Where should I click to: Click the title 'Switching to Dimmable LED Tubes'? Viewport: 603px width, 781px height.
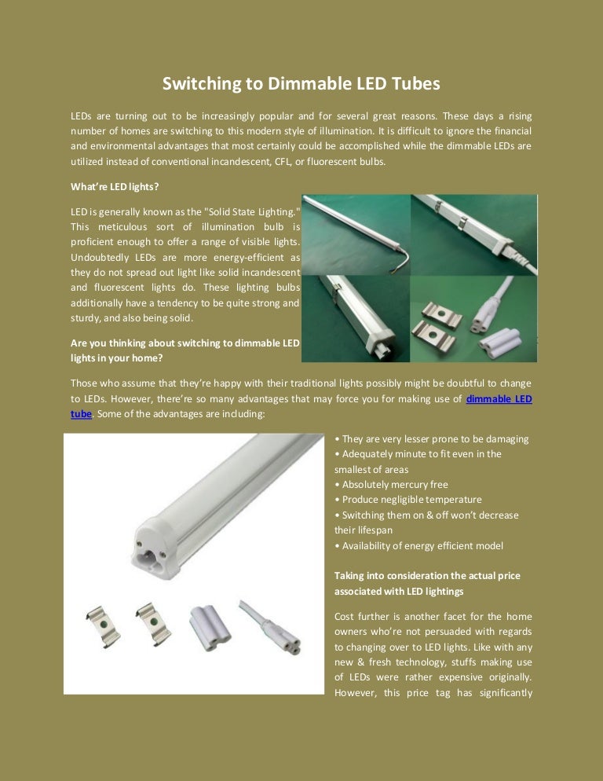301,83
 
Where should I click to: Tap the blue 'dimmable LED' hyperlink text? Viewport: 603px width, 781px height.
499,399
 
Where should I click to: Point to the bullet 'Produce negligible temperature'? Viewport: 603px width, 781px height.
407,500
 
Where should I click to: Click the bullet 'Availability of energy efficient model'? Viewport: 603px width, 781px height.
418,545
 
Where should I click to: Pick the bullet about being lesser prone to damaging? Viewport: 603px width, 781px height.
431,438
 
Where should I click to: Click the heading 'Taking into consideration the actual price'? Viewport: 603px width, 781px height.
427,576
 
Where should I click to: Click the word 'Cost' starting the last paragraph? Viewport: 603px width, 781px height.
345,617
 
